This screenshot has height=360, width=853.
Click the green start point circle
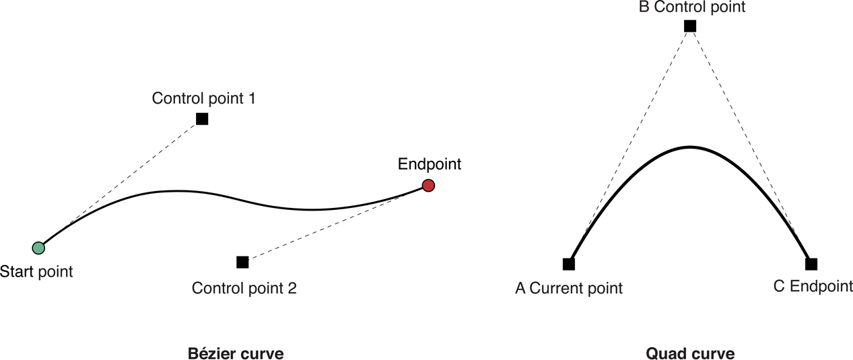[x=39, y=248]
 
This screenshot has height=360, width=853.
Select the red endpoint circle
[x=428, y=185]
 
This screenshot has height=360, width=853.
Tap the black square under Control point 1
[x=202, y=119]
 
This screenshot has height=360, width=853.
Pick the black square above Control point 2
[x=242, y=262]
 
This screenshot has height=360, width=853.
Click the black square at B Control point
[x=689, y=26]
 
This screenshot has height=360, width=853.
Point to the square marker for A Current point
[x=569, y=264]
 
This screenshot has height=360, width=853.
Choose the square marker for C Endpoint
[x=811, y=264]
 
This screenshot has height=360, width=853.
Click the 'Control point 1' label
[x=204, y=98]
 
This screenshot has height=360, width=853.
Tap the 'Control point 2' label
[x=244, y=289]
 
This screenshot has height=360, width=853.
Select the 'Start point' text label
[x=36, y=271]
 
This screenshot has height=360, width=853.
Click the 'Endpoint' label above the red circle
[x=430, y=164]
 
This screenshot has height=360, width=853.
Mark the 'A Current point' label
[x=569, y=289]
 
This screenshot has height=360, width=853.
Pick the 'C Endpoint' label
[x=813, y=287]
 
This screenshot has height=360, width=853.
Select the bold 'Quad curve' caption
[x=690, y=353]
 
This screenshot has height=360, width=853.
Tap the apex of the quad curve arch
[x=689, y=147]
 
